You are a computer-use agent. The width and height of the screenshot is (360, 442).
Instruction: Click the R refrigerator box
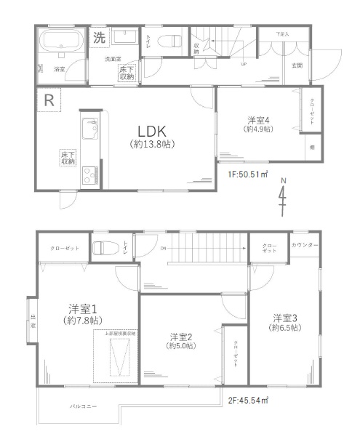coord(49,100)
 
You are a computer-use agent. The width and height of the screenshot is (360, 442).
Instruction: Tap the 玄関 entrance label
coord(297,65)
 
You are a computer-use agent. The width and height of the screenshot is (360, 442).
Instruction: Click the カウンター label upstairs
coord(305,246)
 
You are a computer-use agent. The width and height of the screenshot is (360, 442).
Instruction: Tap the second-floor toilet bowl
coord(103,248)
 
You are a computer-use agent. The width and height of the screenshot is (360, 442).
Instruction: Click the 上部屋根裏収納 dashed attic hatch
coord(116,358)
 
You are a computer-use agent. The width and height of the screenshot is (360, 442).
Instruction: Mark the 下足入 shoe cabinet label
coord(282,34)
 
